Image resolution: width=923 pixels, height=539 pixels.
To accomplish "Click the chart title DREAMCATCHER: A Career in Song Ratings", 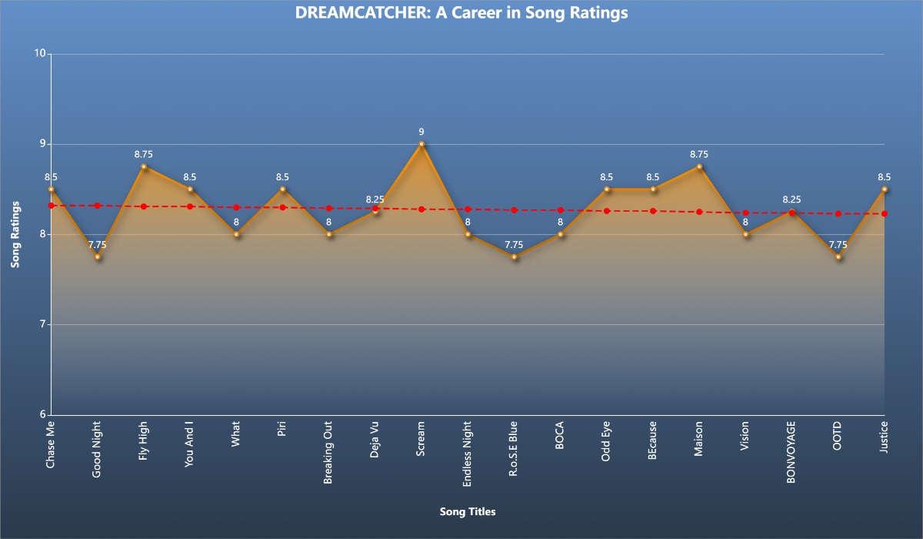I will (x=461, y=13).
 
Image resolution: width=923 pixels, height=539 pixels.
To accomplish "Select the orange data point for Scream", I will (x=422, y=144).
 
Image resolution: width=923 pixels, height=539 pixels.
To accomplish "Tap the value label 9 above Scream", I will (x=422, y=132).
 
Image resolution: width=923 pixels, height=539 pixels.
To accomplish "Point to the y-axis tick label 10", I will (x=39, y=54).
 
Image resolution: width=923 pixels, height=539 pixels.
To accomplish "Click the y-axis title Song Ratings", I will (x=15, y=234).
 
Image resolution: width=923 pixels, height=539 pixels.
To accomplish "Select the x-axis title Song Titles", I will (x=468, y=511).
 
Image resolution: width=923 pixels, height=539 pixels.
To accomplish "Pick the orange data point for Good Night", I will (x=98, y=256).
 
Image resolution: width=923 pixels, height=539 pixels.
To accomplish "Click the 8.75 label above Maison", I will (x=699, y=154).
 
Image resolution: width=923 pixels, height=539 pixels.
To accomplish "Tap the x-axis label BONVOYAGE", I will (x=791, y=451).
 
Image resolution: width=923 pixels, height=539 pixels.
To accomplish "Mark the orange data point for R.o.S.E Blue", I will (x=515, y=256).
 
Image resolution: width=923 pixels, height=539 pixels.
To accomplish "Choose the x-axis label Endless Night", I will (x=468, y=454).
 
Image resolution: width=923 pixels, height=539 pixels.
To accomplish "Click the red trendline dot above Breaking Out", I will (x=329, y=208).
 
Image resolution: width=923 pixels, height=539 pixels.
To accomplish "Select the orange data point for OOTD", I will (x=838, y=256).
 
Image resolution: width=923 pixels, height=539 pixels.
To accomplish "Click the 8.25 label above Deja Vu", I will (x=375, y=199).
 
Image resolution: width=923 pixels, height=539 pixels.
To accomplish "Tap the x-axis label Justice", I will (x=885, y=438).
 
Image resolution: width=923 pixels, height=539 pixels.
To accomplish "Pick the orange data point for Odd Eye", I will (x=607, y=189).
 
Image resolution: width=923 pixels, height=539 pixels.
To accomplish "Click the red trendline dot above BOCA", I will (x=561, y=210).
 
